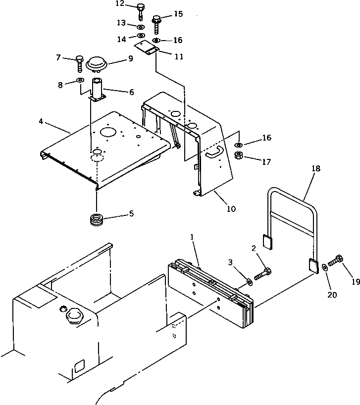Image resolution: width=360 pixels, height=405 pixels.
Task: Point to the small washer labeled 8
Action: [80, 82]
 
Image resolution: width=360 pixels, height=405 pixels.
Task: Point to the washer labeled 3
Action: [249, 282]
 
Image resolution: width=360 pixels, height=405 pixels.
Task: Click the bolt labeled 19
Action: [337, 259]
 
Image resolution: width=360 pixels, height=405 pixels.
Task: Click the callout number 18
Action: [315, 169]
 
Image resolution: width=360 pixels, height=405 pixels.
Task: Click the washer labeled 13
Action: [141, 26]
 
